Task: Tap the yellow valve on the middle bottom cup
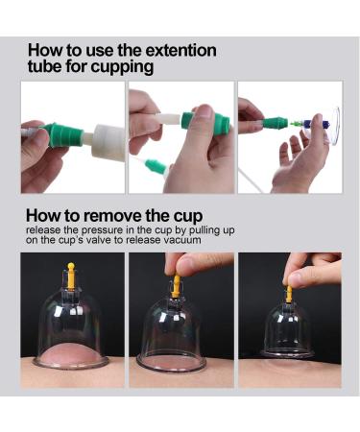pos(177,286)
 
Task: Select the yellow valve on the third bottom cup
pos(288,293)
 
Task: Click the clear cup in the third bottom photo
pos(288,331)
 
